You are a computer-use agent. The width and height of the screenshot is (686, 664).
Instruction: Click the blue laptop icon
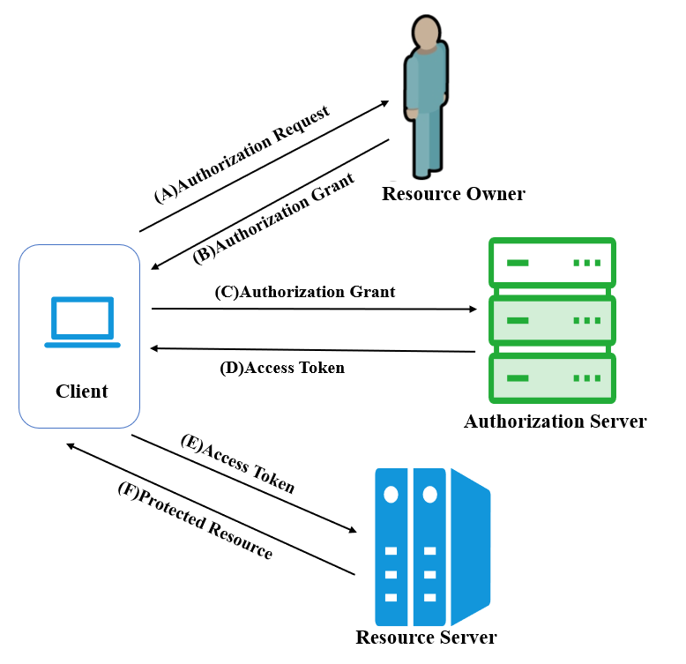[82, 323]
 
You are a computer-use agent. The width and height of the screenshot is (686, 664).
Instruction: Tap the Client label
[82, 391]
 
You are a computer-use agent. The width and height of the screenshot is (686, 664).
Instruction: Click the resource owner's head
[426, 32]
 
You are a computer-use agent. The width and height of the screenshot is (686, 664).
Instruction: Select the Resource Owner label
[454, 194]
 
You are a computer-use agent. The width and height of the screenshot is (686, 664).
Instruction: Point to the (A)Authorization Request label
[242, 154]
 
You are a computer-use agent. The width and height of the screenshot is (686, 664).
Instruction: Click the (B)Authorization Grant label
[273, 219]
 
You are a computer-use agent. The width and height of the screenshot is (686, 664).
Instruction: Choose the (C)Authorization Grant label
[305, 292]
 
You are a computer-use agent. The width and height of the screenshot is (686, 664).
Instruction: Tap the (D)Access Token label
[282, 368]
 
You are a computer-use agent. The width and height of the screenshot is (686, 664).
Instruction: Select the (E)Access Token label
[238, 464]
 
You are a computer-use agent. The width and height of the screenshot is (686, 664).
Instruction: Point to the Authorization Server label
[556, 422]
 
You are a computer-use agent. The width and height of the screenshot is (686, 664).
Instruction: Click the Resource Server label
[426, 637]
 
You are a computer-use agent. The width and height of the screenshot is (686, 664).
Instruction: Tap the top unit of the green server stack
[552, 263]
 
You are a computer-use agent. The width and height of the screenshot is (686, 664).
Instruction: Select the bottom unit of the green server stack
[552, 378]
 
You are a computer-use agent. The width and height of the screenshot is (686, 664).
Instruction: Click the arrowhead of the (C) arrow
[473, 310]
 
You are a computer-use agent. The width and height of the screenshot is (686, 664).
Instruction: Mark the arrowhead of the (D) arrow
[154, 348]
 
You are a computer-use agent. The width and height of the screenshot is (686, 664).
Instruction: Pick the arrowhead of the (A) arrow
[385, 103]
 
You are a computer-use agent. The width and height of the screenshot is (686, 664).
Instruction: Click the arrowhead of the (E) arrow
[353, 530]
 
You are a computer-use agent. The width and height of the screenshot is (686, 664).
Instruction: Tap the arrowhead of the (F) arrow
[71, 446]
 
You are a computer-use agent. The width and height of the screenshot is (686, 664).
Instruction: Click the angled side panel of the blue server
[470, 547]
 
